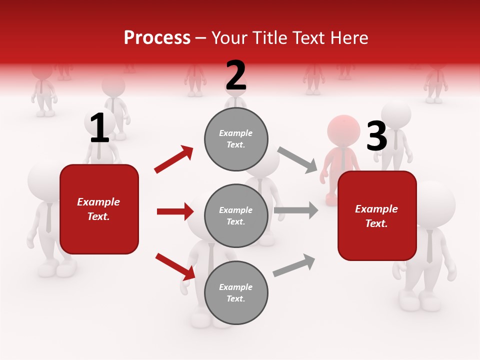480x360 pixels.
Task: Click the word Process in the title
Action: (x=157, y=38)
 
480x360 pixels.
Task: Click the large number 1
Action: (x=99, y=128)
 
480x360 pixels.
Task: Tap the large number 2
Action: (x=236, y=75)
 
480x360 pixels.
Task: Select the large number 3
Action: (x=376, y=136)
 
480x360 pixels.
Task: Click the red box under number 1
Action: (x=99, y=209)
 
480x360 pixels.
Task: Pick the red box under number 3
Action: (x=377, y=215)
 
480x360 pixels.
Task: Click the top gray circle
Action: (x=236, y=139)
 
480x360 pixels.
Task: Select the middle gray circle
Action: (x=236, y=215)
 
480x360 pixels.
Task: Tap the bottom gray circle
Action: (x=236, y=292)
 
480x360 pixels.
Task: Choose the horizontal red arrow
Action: (x=175, y=211)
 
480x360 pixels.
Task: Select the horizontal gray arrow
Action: (x=296, y=210)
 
